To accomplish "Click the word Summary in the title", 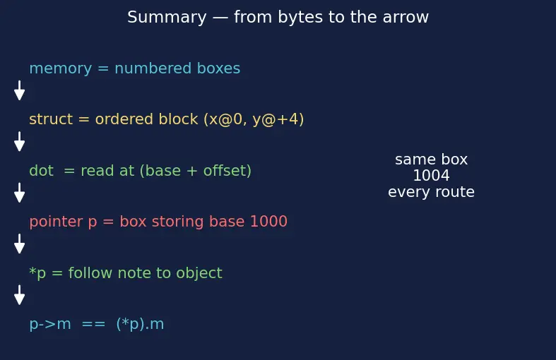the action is [x=167, y=18].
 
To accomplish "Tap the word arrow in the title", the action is [x=406, y=18].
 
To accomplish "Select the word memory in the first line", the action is [x=61, y=68].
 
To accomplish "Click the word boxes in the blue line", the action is [x=218, y=68].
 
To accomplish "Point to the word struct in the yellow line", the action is [x=51, y=119].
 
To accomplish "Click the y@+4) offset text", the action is [x=278, y=119].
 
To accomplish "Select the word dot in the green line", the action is [x=42, y=170].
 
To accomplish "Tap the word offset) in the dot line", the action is [x=227, y=170].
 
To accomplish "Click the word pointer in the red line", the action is [x=56, y=222].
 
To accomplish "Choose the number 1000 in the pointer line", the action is [x=268, y=222].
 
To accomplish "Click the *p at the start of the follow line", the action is [x=37, y=273].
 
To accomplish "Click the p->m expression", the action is [x=50, y=325].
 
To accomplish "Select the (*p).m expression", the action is [x=140, y=324].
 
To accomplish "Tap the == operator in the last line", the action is [x=94, y=325].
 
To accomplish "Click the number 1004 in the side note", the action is [x=431, y=175].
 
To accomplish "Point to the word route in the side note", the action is [x=454, y=192].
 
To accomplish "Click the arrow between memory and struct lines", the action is [x=20, y=90].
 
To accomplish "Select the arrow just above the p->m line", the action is [x=20, y=295].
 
